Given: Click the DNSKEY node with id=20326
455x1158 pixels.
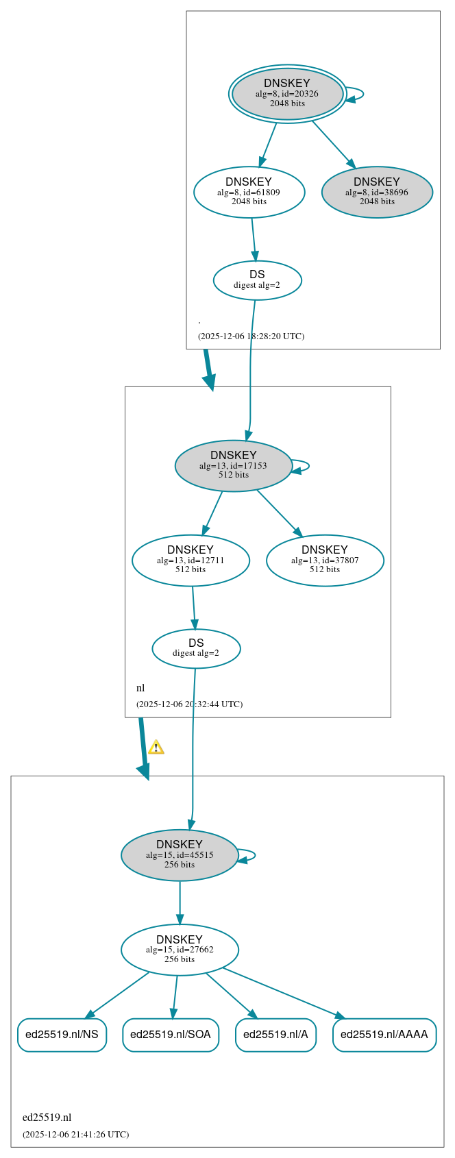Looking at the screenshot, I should click(287, 94).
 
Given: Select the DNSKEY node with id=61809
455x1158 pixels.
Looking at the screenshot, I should click(249, 193).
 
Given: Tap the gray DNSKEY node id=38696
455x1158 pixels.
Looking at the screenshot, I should click(377, 193).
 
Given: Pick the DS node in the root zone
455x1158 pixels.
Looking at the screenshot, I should click(257, 280).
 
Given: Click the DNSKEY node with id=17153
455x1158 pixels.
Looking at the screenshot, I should click(234, 466).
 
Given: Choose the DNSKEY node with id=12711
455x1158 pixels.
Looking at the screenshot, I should click(190, 560).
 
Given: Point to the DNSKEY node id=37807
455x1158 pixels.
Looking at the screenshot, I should click(325, 560).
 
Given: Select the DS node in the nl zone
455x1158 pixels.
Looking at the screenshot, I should click(196, 648).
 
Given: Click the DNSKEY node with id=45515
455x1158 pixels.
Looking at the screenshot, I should click(180, 855).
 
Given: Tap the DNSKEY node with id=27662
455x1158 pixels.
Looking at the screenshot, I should click(180, 950).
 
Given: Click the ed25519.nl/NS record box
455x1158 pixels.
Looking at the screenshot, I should click(62, 1035).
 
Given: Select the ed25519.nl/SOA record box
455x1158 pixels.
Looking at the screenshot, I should click(171, 1035).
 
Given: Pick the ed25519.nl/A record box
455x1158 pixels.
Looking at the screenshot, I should click(275, 1035).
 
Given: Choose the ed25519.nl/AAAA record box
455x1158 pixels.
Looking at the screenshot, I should click(384, 1035).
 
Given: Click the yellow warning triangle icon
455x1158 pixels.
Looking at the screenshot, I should click(156, 748).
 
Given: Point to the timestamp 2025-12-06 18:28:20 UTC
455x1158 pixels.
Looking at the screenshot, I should click(251, 336).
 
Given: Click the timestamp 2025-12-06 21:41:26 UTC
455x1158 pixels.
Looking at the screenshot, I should click(75, 1135).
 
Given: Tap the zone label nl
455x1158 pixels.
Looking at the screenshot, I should click(140, 688).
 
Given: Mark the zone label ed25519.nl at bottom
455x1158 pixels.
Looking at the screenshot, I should click(47, 1118).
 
